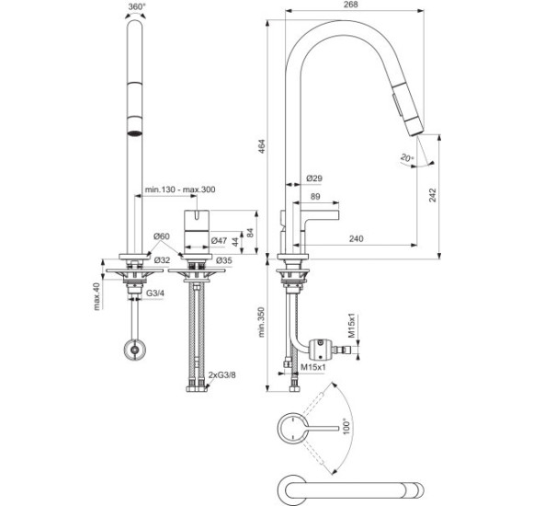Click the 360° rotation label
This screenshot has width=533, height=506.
[x=137, y=6]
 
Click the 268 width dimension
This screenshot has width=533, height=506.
[x=351, y=4]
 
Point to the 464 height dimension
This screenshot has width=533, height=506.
[x=261, y=146]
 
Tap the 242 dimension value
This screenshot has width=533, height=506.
[x=432, y=195]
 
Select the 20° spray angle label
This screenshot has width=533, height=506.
[x=407, y=158]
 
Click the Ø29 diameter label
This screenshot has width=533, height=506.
[x=314, y=178]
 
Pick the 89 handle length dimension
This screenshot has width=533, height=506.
[x=315, y=196]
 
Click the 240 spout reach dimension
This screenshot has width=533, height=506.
[x=356, y=238]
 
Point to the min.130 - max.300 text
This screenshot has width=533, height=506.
[x=180, y=190]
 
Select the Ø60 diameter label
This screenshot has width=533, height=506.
[x=161, y=236]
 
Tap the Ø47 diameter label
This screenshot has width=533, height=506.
[x=219, y=240]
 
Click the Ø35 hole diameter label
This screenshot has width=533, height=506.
[x=224, y=260]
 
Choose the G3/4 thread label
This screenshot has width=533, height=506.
[x=155, y=293]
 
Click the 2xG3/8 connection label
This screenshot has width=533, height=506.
[x=222, y=375]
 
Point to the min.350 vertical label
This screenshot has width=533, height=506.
[x=261, y=322]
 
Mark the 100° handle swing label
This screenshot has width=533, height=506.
[x=346, y=426]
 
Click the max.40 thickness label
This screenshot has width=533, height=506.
[x=97, y=296]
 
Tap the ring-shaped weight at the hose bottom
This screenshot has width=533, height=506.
[x=135, y=350]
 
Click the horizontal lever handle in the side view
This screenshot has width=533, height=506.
[x=322, y=214]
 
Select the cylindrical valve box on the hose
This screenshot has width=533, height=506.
[x=320, y=349]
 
